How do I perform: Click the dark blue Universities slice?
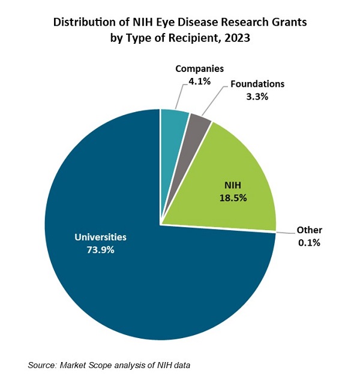120,282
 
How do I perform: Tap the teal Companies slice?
174,126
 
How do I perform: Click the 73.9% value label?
100,249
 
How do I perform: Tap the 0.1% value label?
309,242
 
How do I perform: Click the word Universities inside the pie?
100,237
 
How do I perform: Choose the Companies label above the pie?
200,69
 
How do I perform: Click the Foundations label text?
257,84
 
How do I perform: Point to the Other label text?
309,230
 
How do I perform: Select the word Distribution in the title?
82,23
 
